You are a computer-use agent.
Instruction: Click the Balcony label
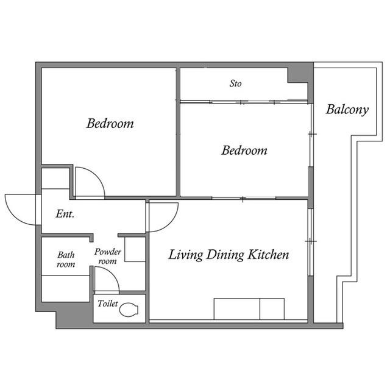(x=347, y=110)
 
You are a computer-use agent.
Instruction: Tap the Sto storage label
(x=235, y=83)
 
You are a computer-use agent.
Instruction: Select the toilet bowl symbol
(x=129, y=310)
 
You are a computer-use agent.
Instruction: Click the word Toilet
(x=108, y=303)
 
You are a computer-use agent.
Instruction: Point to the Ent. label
(x=65, y=214)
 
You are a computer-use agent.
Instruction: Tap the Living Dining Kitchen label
(x=229, y=255)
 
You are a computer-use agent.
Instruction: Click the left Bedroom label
(x=110, y=123)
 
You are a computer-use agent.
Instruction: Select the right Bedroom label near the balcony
(x=244, y=151)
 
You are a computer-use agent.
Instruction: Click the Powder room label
(x=107, y=256)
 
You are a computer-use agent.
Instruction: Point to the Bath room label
(x=66, y=260)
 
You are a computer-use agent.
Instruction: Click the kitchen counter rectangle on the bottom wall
(x=249, y=309)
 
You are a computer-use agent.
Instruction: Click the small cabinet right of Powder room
(x=135, y=249)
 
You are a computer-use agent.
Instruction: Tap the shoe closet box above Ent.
(x=55, y=179)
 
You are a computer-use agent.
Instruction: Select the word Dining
(x=225, y=255)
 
